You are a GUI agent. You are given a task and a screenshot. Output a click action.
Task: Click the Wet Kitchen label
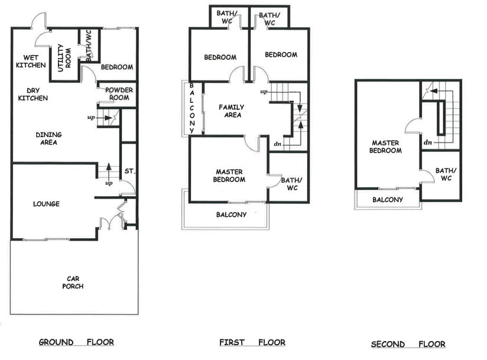click(31, 61)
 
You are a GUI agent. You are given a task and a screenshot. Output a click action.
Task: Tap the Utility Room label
click(64, 58)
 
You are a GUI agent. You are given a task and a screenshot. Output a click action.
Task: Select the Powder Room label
click(119, 94)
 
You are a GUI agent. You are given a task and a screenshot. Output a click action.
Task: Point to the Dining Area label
click(49, 138)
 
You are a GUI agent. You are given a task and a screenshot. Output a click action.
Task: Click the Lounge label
click(46, 204)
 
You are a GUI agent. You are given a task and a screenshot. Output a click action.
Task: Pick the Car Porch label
click(73, 283)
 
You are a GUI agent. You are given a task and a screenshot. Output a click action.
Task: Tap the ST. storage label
click(130, 171)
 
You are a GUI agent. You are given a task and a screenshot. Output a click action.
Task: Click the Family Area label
click(232, 111)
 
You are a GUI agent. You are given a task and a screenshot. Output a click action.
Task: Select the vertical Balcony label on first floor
click(192, 108)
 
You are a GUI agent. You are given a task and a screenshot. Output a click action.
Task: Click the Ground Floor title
click(76, 342)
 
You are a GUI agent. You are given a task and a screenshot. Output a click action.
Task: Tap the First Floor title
click(252, 342)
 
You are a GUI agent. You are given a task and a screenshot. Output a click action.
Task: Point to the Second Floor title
click(408, 344)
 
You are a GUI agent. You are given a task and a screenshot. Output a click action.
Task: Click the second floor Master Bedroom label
click(385, 147)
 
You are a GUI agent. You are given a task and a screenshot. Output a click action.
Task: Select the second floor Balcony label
click(388, 200)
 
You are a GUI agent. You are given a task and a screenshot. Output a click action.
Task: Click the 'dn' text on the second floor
click(428, 142)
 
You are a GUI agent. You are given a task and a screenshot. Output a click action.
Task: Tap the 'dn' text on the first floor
click(277, 144)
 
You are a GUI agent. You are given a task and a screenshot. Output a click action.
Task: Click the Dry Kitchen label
click(33, 94)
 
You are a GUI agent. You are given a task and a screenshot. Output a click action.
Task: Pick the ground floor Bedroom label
click(117, 67)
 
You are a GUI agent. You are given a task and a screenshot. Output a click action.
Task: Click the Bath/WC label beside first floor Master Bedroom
click(291, 184)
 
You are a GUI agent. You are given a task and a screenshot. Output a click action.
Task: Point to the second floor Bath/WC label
click(446, 174)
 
